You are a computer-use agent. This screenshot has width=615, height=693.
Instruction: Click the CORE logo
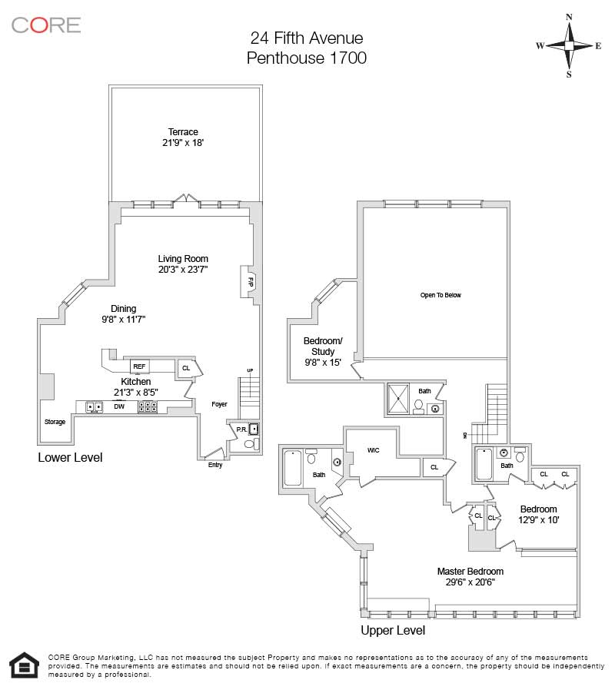pyautogui.click(x=46, y=25)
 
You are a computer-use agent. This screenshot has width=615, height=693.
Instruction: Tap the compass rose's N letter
pyautogui.click(x=569, y=17)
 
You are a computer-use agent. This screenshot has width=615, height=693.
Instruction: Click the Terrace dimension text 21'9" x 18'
pyautogui.click(x=183, y=142)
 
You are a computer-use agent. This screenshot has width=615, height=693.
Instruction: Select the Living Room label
pyautogui.click(x=183, y=259)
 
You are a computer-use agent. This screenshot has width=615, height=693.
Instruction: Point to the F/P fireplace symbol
pyautogui.click(x=249, y=281)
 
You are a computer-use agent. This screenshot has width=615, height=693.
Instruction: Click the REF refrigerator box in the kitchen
pyautogui.click(x=139, y=366)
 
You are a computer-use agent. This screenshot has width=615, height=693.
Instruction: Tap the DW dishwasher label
pyautogui.click(x=119, y=406)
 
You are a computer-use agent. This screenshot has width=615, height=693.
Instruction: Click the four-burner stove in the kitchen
pyautogui.click(x=148, y=406)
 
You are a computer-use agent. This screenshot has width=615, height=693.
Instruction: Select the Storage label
pyautogui.click(x=55, y=422)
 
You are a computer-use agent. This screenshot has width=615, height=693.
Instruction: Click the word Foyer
pyautogui.click(x=219, y=404)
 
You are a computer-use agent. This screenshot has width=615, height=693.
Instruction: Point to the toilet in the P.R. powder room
pyautogui.click(x=251, y=444)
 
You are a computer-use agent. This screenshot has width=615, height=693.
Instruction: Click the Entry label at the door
pyautogui.click(x=215, y=465)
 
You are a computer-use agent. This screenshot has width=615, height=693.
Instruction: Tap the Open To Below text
pyautogui.click(x=440, y=295)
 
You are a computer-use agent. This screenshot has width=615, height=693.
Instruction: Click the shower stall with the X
pyautogui.click(x=398, y=399)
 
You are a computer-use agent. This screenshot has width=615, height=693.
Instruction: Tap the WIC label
pyautogui.click(x=373, y=450)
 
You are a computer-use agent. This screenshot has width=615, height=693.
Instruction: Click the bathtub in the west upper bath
pyautogui.click(x=293, y=468)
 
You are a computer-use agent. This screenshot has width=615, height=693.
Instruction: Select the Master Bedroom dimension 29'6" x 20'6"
pyautogui.click(x=470, y=582)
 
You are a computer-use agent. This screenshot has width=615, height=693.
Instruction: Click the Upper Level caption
pyautogui.click(x=393, y=630)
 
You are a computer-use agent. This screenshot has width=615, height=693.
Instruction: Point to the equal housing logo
pyautogui.click(x=25, y=665)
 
